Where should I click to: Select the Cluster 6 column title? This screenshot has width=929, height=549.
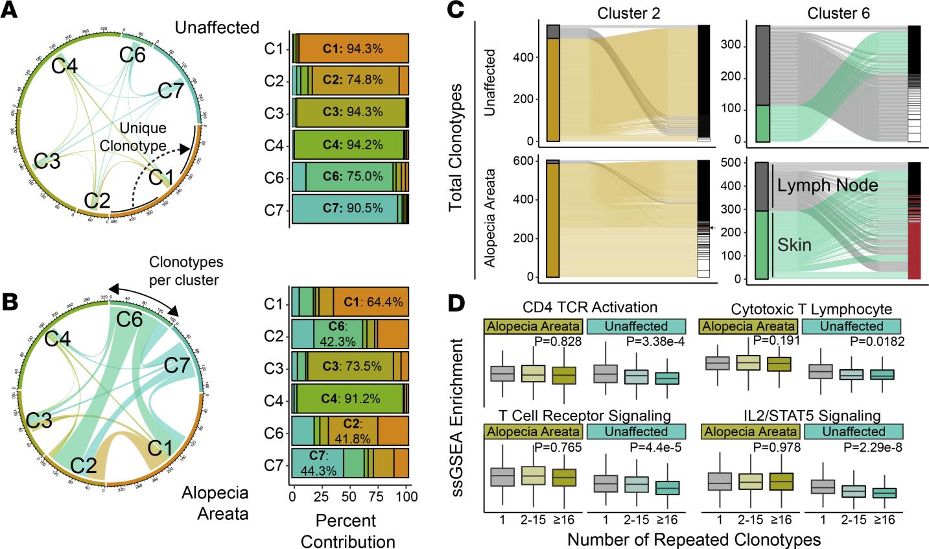pyautogui.click(x=837, y=12)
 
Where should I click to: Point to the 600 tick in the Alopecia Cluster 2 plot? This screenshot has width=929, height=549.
pyautogui.click(x=532, y=162)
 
